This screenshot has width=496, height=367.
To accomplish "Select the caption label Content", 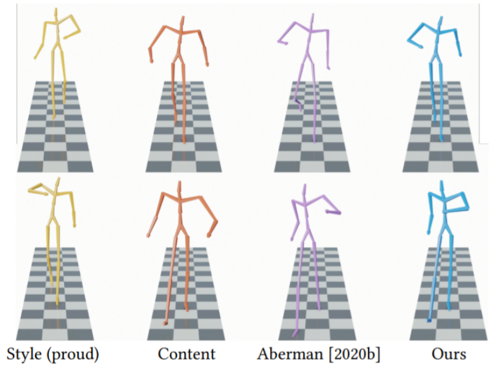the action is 186,354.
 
